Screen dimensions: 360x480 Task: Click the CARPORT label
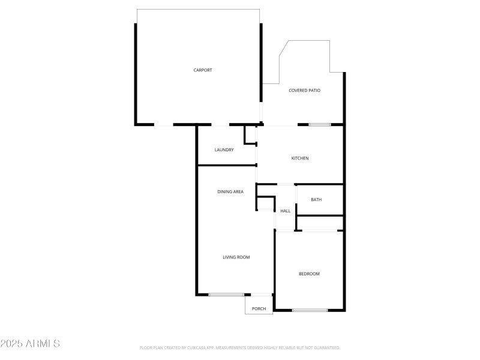tap(203, 70)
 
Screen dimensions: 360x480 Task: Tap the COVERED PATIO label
tap(304, 91)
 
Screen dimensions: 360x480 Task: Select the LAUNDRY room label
tap(224, 150)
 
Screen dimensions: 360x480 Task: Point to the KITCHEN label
tap(300, 158)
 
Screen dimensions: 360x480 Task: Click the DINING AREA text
tap(230, 192)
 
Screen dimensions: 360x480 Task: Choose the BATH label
tap(316, 200)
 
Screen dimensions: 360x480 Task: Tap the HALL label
tap(286, 211)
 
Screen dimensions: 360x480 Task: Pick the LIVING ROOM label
tap(236, 257)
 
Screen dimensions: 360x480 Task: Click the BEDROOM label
tap(309, 274)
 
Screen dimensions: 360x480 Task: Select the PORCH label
tap(259, 309)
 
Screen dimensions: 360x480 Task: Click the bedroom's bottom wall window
tap(310, 310)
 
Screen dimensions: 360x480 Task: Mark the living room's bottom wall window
tap(226, 295)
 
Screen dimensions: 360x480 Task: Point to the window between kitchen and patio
tap(319, 125)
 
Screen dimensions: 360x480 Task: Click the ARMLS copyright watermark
tap(30, 344)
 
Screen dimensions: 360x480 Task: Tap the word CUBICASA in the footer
tap(200, 348)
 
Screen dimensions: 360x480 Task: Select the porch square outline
tap(259, 304)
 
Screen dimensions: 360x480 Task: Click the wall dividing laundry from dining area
tap(226, 165)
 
